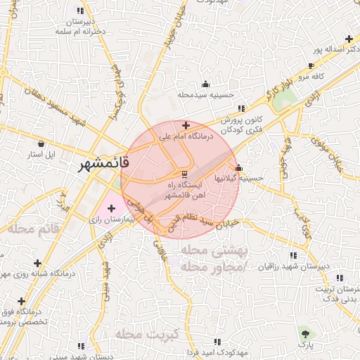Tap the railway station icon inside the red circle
[185, 174]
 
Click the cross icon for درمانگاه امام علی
[185, 124]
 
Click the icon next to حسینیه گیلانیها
[239, 168]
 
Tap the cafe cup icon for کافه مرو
[311, 66]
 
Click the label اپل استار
[29, 153]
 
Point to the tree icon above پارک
[304, 333]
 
